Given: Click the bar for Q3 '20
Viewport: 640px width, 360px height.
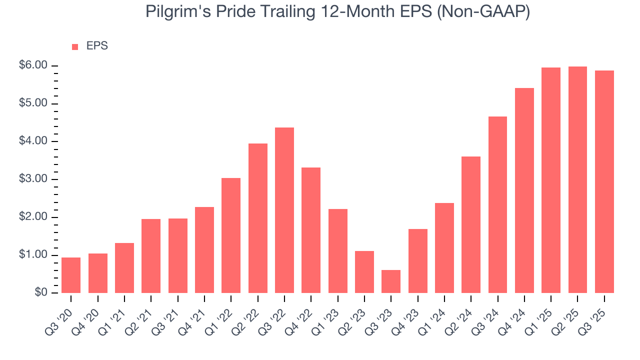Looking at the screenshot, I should point(71,275).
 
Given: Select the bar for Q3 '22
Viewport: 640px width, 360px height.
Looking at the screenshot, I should point(284,210).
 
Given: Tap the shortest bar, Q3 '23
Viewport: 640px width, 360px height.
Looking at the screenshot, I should point(391,281).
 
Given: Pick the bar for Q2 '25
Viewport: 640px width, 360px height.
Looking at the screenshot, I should point(577,179).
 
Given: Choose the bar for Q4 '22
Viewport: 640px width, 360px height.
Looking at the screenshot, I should point(311,230).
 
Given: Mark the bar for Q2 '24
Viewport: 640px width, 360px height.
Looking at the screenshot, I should point(471,224).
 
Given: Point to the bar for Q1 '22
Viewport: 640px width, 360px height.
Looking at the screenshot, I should point(231,235).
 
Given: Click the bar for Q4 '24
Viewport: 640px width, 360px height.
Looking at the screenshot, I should point(524,190).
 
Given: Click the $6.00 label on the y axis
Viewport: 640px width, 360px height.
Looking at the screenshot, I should point(34,65).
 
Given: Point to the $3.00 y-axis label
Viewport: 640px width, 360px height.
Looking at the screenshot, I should point(34,179).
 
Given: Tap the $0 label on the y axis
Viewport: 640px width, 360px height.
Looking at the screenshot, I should point(40,293).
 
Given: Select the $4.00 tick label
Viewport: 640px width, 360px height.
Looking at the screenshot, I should point(34,141).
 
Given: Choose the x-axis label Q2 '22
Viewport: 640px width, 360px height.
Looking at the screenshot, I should point(248,315).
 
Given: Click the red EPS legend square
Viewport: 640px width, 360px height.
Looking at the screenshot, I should point(75,46).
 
